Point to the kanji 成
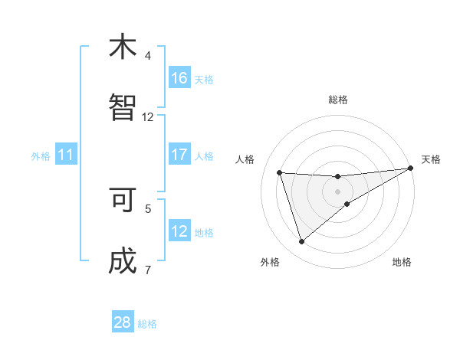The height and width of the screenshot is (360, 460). click(x=123, y=262)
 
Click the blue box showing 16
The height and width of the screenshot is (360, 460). click(x=179, y=78)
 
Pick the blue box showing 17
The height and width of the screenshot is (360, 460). click(x=179, y=155)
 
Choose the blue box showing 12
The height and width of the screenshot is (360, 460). click(x=179, y=231)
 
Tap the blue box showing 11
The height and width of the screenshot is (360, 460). click(x=66, y=155)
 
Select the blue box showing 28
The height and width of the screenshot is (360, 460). click(x=123, y=322)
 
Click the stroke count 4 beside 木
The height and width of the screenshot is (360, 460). click(x=148, y=56)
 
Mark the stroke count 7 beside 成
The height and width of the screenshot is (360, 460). click(x=148, y=270)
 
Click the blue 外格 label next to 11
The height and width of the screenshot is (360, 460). click(x=41, y=156)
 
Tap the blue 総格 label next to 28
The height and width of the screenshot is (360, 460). click(x=147, y=324)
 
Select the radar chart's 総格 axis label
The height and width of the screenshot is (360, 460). click(x=338, y=100)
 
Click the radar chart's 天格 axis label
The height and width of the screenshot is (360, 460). click(x=431, y=159)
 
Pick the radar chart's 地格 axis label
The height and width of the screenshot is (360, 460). click(x=402, y=262)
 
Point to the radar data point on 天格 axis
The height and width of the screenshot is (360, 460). click(x=410, y=169)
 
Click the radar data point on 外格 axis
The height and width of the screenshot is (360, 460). click(x=301, y=242)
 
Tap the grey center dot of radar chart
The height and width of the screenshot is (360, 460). click(x=338, y=191)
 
